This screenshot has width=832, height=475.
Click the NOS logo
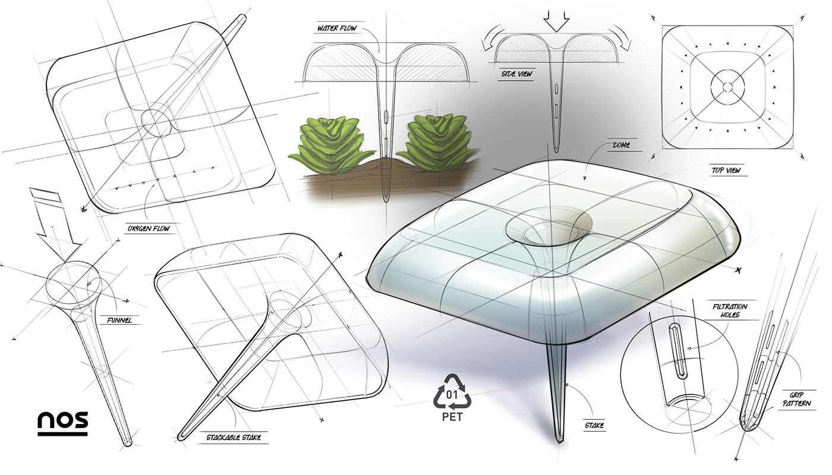pos(63,422)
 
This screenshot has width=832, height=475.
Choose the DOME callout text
pos(619,144)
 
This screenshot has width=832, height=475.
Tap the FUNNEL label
pos(119,320)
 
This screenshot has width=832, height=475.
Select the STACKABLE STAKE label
pos(234,438)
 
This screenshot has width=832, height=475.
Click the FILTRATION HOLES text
pos(730,311)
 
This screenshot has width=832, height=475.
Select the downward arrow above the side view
pos(556,21)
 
